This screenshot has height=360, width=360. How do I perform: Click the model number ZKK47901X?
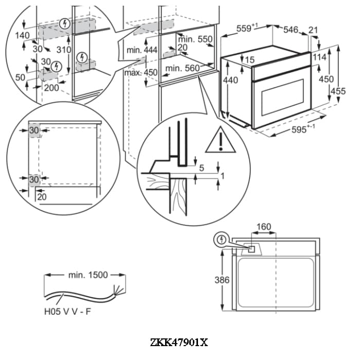(179, 343)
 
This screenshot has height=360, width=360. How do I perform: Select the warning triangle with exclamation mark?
(220, 142)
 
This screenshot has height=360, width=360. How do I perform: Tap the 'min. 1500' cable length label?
(88, 275)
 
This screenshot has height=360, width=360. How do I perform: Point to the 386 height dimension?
(222, 280)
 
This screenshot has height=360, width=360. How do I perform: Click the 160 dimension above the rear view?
(263, 227)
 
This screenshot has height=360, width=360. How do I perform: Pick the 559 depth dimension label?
(246, 29)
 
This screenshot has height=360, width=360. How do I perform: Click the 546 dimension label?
(291, 30)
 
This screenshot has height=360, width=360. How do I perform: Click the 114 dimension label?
(319, 57)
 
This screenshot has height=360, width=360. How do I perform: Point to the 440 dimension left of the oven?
(231, 80)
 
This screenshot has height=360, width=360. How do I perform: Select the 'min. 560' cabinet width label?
(183, 68)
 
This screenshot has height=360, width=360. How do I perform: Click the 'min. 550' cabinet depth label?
(195, 39)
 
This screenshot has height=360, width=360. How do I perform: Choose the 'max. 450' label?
(141, 73)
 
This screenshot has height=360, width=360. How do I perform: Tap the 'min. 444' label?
(141, 49)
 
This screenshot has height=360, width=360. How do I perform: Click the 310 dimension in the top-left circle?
(63, 50)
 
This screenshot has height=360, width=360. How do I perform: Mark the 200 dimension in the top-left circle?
(51, 87)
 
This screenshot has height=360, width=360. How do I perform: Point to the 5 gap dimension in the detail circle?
(201, 167)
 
